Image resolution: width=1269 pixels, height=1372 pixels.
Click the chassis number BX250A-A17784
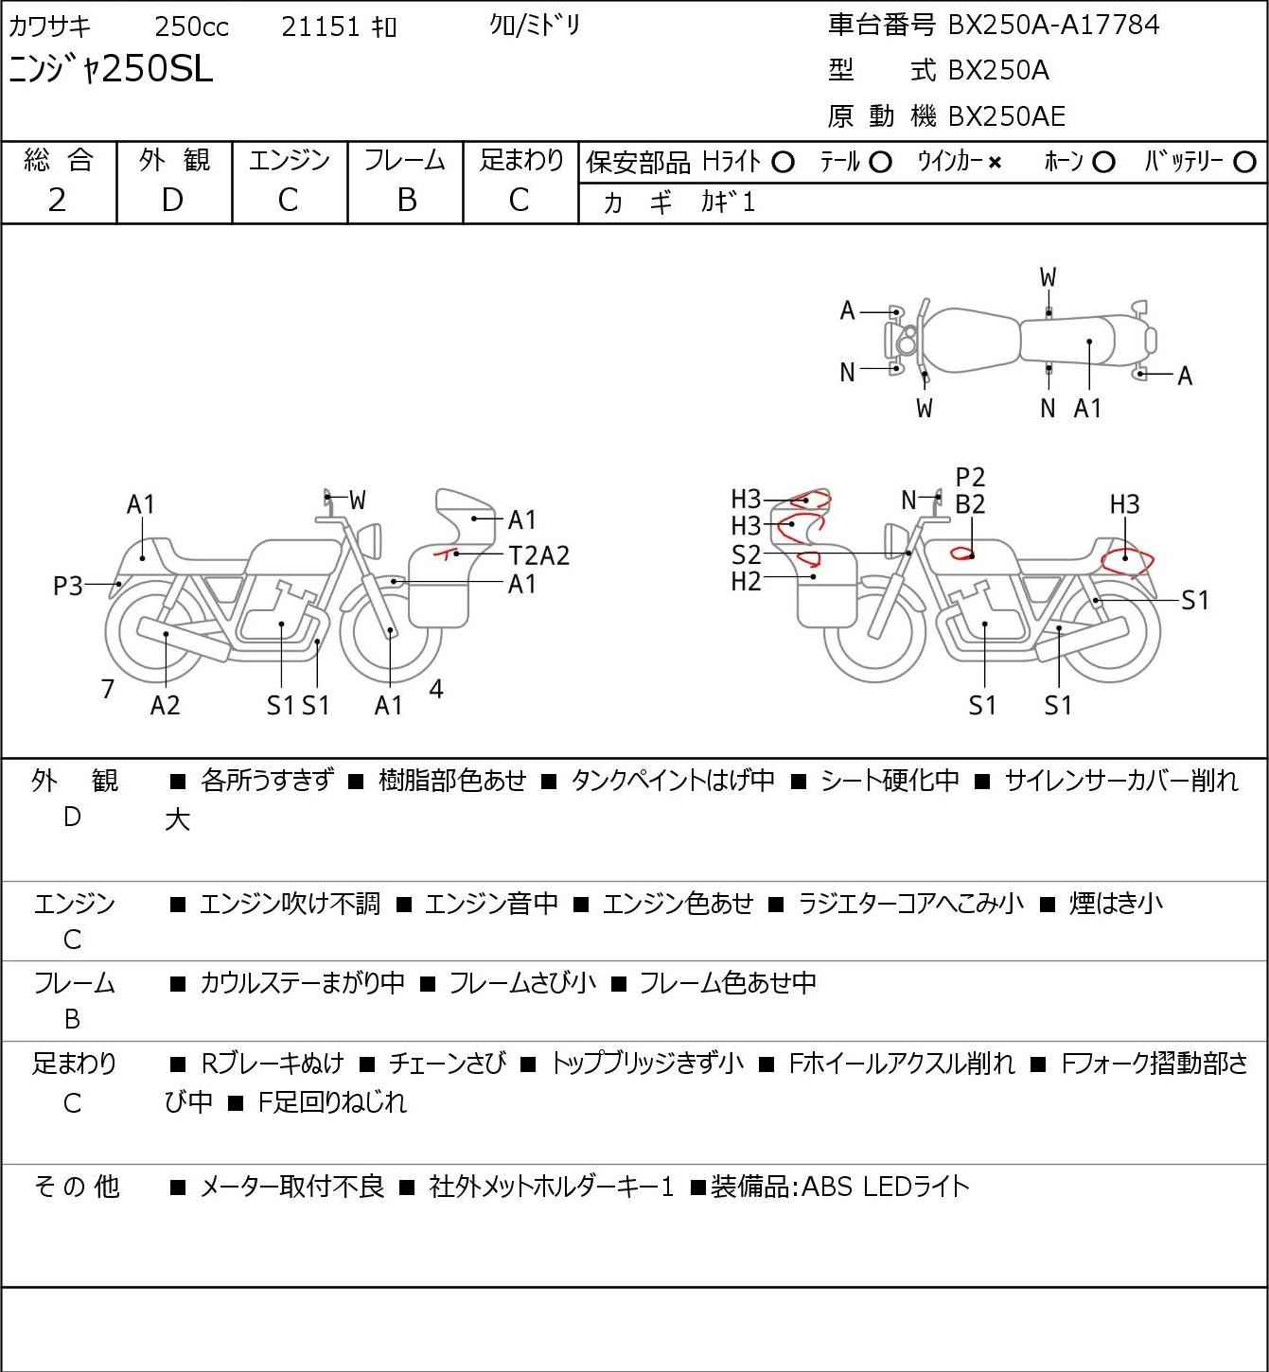(x=1053, y=25)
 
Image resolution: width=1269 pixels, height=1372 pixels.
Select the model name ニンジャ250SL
(x=111, y=69)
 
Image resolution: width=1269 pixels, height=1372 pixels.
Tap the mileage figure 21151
(x=321, y=26)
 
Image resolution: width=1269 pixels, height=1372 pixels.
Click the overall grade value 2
(x=58, y=201)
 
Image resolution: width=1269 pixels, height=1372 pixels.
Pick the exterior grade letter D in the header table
(x=173, y=201)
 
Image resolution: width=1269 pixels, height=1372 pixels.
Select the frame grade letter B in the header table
(x=406, y=201)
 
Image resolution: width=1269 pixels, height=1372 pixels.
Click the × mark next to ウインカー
(x=995, y=163)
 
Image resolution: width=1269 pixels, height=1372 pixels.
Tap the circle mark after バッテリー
(x=1244, y=163)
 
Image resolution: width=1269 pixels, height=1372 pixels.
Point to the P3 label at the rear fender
(x=68, y=586)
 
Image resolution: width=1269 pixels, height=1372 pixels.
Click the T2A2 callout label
(x=539, y=555)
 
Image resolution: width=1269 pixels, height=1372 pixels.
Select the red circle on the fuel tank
(x=961, y=553)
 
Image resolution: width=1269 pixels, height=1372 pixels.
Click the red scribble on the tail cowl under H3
(x=1127, y=562)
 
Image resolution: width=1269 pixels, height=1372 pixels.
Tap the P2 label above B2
(x=970, y=478)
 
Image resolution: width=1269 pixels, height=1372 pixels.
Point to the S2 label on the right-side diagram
(x=746, y=554)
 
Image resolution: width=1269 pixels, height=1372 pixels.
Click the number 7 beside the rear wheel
(x=107, y=689)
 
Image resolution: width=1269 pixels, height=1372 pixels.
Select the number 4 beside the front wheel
(x=436, y=688)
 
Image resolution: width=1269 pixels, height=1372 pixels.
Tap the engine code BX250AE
(x=1006, y=116)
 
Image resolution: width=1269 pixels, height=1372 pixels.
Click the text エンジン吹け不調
(x=290, y=904)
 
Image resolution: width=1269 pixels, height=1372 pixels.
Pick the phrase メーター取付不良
(x=291, y=1187)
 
